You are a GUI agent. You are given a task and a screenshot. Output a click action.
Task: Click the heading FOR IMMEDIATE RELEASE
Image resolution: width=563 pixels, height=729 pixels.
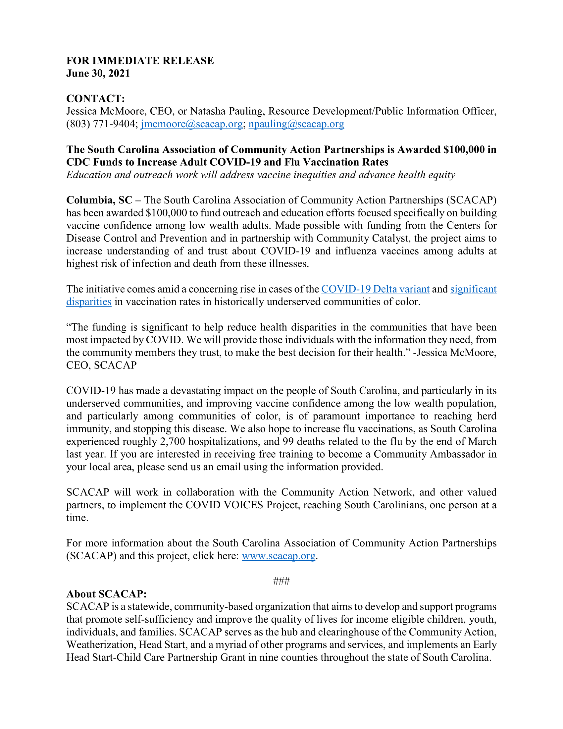pyautogui.click(x=140, y=61)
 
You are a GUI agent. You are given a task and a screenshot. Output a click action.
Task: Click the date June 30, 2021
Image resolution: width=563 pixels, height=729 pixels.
pyautogui.click(x=98, y=74)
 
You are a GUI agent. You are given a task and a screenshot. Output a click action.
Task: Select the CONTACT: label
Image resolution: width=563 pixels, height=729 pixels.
pyautogui.click(x=95, y=98)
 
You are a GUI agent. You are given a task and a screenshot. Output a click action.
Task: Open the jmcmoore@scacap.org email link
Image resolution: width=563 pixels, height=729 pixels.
pyautogui.click(x=191, y=124)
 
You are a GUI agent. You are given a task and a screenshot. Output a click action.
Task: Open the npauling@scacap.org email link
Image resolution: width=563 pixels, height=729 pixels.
pyautogui.click(x=296, y=124)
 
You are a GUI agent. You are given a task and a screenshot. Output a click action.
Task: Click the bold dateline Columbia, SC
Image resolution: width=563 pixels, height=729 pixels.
pyautogui.click(x=99, y=200)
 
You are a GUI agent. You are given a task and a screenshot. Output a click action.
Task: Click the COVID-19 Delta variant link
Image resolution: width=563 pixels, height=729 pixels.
pyautogui.click(x=375, y=289)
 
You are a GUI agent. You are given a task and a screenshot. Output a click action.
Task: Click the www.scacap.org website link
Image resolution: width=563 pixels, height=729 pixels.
pyautogui.click(x=279, y=556)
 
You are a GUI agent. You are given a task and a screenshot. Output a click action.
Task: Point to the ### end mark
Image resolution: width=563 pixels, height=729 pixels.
pyautogui.click(x=281, y=582)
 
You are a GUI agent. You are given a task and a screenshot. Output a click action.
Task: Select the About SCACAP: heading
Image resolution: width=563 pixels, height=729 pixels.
pyautogui.click(x=106, y=594)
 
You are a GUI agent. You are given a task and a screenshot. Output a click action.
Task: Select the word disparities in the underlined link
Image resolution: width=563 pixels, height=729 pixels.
pyautogui.click(x=89, y=302)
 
